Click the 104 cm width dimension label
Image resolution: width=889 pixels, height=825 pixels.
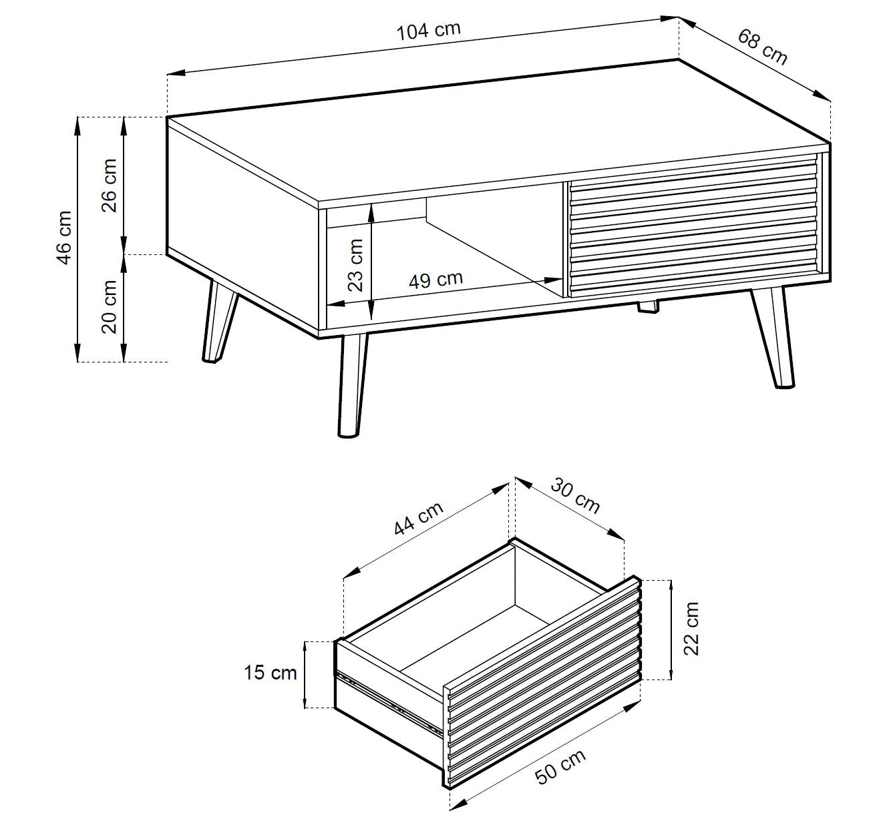tap(429, 31)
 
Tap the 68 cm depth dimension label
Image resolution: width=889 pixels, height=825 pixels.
tap(762, 47)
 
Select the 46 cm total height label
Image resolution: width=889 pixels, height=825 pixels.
tap(65, 238)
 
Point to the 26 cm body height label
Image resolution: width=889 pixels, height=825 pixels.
tap(110, 185)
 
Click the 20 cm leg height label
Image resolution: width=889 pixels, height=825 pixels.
tap(110, 307)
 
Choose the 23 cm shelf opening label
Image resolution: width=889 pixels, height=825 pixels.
tap(355, 265)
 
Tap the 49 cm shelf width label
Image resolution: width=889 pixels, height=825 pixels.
tap(435, 280)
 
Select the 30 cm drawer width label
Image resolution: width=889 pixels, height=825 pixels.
tap(575, 496)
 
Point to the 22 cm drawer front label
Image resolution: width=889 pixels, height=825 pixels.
tap(691, 629)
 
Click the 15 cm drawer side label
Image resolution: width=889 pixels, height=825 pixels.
tap(270, 672)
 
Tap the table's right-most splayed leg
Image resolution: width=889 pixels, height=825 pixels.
tap(773, 336)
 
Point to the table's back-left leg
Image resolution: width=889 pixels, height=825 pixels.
tap(219, 320)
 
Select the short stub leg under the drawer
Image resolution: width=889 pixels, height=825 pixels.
tap(649, 306)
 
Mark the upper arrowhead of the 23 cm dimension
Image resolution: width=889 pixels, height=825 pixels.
tap(371, 214)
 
